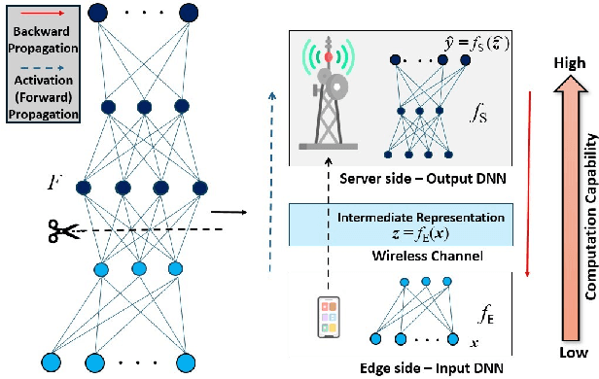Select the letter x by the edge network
point(474,343)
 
